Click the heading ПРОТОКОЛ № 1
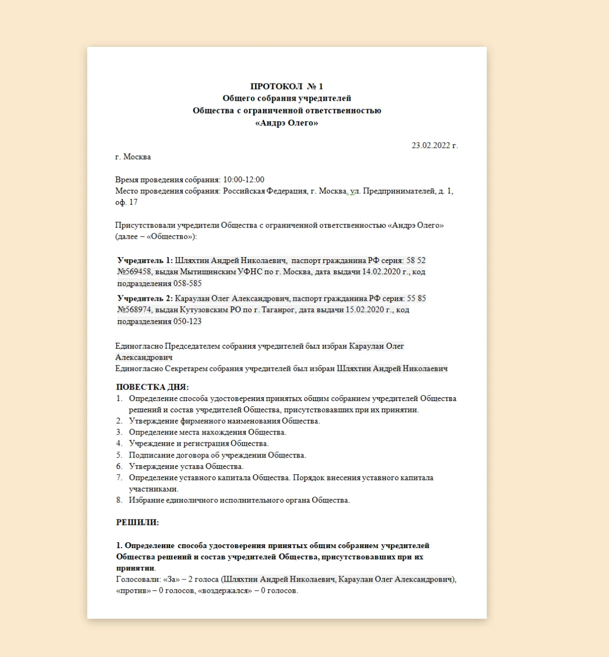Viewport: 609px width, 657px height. [286, 86]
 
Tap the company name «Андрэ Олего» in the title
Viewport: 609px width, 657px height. [286, 123]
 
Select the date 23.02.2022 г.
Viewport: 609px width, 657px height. [435, 146]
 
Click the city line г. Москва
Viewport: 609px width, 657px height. [133, 157]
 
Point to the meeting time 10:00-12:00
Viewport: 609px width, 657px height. [243, 179]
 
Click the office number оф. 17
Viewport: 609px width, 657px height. [127, 202]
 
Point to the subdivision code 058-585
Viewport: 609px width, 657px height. [187, 283]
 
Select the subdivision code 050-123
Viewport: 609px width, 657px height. [187, 321]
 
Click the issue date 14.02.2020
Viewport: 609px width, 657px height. [381, 272]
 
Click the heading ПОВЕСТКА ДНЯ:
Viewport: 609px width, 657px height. [152, 387]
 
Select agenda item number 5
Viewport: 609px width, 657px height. [119, 455]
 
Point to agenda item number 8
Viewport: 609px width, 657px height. [119, 500]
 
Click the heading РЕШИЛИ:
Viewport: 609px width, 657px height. [138, 522]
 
